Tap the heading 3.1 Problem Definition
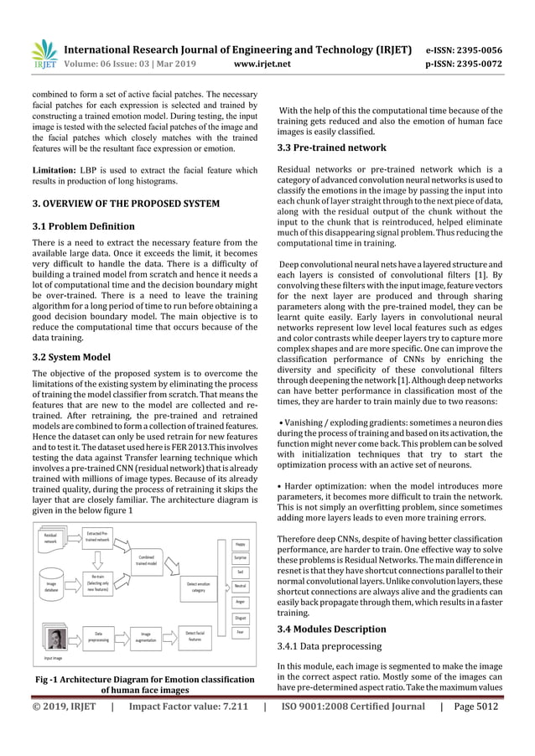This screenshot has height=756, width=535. point(83,226)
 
